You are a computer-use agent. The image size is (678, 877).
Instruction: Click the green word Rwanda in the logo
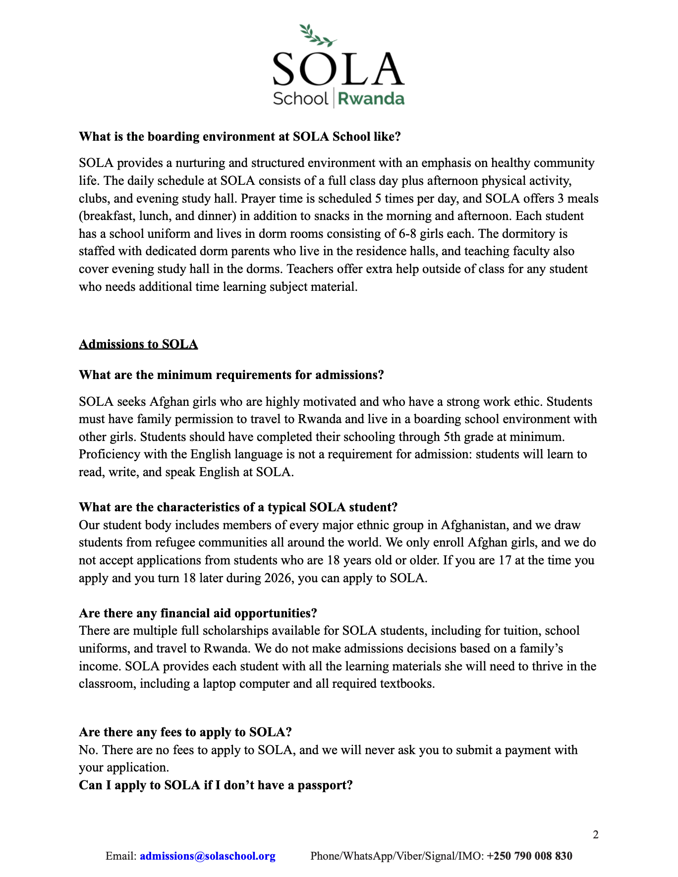tap(371, 98)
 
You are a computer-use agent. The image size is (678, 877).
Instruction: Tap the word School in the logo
tap(300, 98)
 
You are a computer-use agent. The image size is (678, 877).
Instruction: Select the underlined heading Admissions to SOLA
tap(138, 344)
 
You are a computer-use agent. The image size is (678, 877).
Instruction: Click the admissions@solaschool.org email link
tap(207, 856)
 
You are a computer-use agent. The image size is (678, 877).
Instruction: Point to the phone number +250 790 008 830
tap(529, 856)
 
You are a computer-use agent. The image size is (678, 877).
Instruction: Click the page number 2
tap(595, 835)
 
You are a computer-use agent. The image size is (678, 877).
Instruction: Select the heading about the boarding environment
tap(239, 136)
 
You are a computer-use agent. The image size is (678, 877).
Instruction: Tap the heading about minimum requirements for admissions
tap(231, 375)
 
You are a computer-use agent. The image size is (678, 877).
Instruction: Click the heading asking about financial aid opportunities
tap(198, 613)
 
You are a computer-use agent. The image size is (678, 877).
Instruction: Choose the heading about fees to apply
tap(185, 732)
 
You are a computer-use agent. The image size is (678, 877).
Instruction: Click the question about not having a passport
tap(216, 785)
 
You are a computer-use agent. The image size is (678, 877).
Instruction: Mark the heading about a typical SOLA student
tap(238, 507)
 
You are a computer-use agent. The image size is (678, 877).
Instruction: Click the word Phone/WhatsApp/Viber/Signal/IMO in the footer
tap(396, 856)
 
